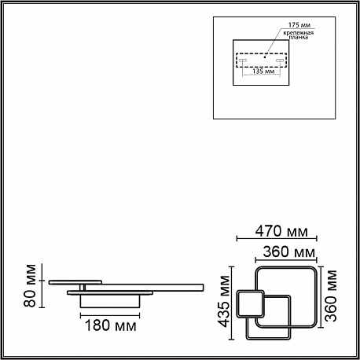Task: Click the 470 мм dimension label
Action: (281, 231)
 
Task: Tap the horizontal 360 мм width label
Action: (289, 252)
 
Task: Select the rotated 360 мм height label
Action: (331, 296)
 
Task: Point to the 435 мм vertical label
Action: (225, 301)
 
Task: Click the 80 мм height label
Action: (30, 285)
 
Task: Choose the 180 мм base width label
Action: (111, 325)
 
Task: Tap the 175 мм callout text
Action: (299, 25)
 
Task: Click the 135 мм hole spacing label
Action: (263, 72)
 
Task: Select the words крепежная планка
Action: (299, 35)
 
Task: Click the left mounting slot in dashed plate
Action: (242, 61)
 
